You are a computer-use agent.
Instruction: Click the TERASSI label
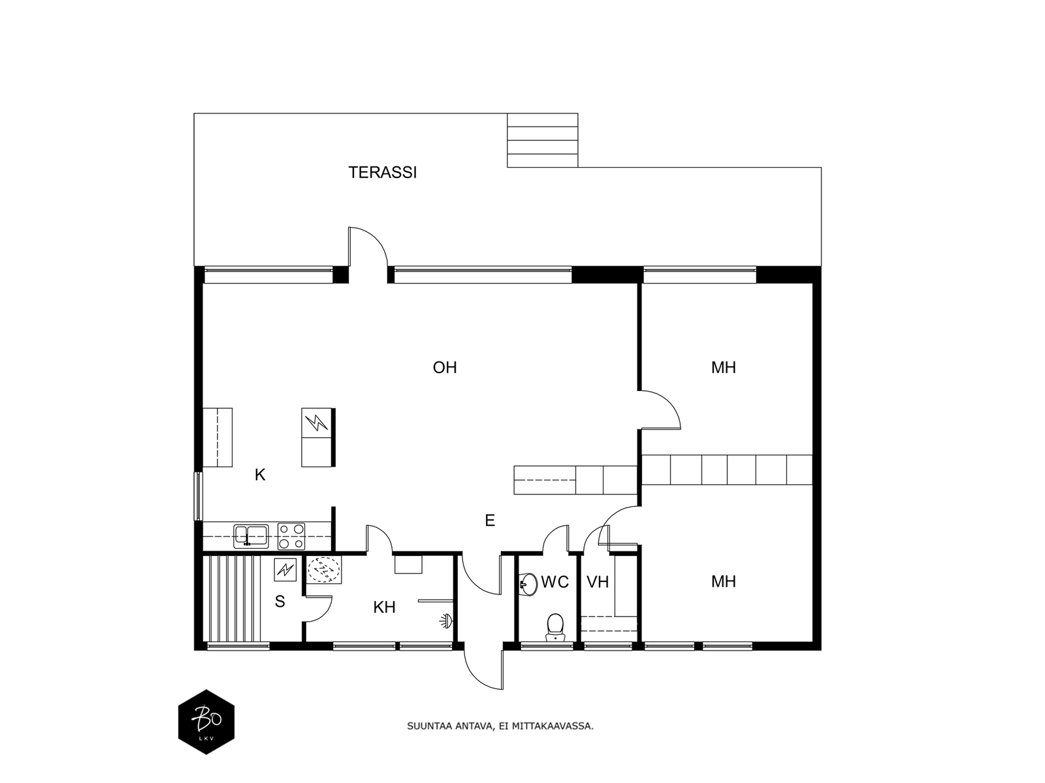(382, 172)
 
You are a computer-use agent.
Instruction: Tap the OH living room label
(445, 367)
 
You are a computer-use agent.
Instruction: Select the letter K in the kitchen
(260, 474)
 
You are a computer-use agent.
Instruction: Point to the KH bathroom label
(384, 607)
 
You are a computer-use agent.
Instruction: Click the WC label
(555, 582)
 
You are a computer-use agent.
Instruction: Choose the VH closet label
(598, 582)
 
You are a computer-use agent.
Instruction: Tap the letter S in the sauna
(280, 602)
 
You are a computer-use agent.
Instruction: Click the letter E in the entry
(490, 521)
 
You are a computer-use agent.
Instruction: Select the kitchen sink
(251, 536)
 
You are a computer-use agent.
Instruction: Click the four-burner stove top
(291, 536)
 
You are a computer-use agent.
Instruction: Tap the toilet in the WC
(555, 627)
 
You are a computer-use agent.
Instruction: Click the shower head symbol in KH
(446, 621)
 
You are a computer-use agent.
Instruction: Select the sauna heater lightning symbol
(285, 570)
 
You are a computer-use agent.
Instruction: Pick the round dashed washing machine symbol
(324, 570)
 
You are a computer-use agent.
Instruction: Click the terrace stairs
(542, 140)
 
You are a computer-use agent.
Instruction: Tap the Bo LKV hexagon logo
(206, 722)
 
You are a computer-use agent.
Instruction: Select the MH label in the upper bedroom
(723, 367)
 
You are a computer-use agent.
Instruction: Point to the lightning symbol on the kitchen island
(317, 422)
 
